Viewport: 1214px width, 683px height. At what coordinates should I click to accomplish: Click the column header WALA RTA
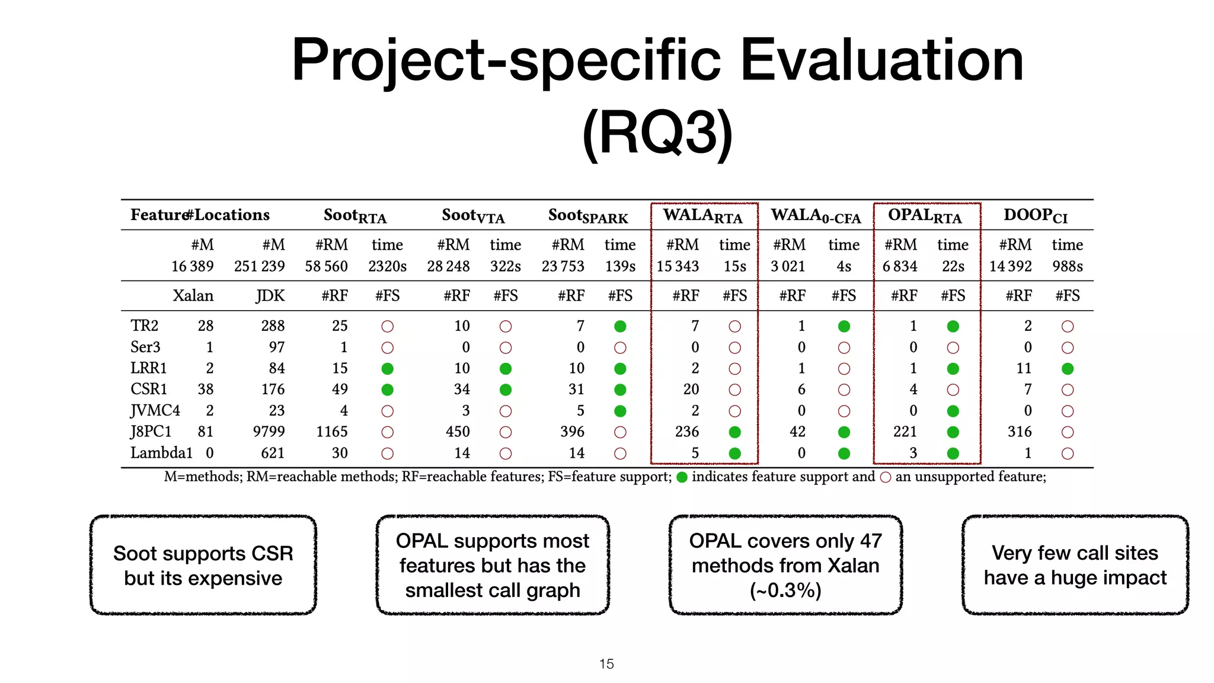(702, 216)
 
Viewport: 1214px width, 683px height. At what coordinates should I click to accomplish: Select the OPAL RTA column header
(925, 216)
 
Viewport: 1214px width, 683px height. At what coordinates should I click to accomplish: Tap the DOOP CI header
(1035, 216)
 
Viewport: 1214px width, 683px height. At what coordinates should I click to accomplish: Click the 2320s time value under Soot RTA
(387, 266)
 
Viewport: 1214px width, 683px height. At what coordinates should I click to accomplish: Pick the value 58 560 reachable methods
(326, 266)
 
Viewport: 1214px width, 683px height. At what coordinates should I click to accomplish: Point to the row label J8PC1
(151, 432)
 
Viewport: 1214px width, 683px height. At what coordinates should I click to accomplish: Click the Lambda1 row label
(161, 453)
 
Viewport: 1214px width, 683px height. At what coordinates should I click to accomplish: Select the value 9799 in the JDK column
(269, 432)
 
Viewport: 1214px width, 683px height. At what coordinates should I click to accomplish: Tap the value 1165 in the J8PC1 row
(331, 432)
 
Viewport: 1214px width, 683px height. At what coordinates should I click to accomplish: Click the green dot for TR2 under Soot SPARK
(620, 326)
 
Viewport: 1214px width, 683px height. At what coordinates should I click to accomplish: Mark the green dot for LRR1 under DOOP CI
(1068, 369)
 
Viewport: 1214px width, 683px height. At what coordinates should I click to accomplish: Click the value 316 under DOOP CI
(1020, 432)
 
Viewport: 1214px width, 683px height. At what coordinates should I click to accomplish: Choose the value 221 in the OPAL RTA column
(905, 432)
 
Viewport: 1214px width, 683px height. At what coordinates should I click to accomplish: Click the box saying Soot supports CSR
(203, 565)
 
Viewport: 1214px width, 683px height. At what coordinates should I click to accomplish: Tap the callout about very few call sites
(1075, 565)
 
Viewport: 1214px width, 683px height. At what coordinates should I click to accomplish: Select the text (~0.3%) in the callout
(785, 591)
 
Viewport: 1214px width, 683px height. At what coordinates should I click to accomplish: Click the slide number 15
(606, 664)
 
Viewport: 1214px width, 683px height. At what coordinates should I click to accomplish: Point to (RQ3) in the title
(657, 133)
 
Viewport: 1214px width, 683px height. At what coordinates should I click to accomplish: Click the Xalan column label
(193, 296)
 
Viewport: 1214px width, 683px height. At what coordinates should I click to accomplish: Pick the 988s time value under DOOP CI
(1067, 266)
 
